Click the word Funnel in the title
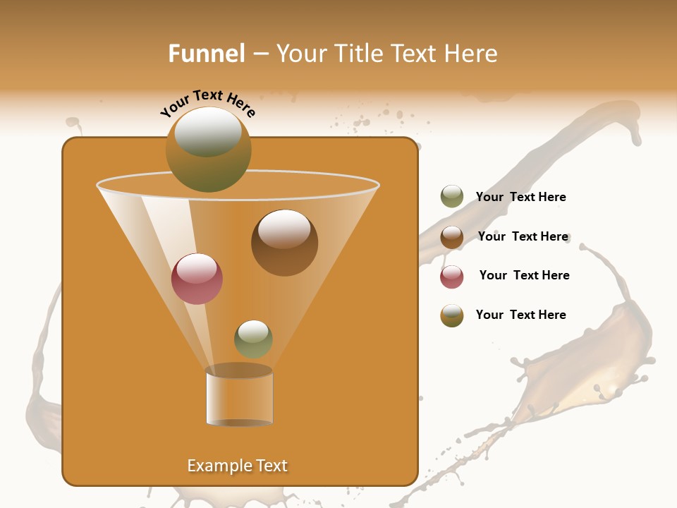[x=206, y=54]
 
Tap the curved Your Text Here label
[x=208, y=102]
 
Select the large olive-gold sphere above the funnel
[x=209, y=150]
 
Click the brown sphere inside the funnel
[x=284, y=243]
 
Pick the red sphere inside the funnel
[x=197, y=279]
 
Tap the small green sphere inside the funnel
[x=253, y=339]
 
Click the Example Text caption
[x=237, y=466]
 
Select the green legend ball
[x=452, y=197]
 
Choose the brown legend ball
[x=452, y=237]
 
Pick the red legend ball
[x=452, y=277]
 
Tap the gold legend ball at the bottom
[x=452, y=315]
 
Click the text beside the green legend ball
[x=520, y=197]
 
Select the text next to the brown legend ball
[x=523, y=236]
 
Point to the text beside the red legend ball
[x=524, y=275]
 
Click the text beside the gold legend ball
[x=520, y=315]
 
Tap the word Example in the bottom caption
[x=217, y=466]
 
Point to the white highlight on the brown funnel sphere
[x=284, y=229]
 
